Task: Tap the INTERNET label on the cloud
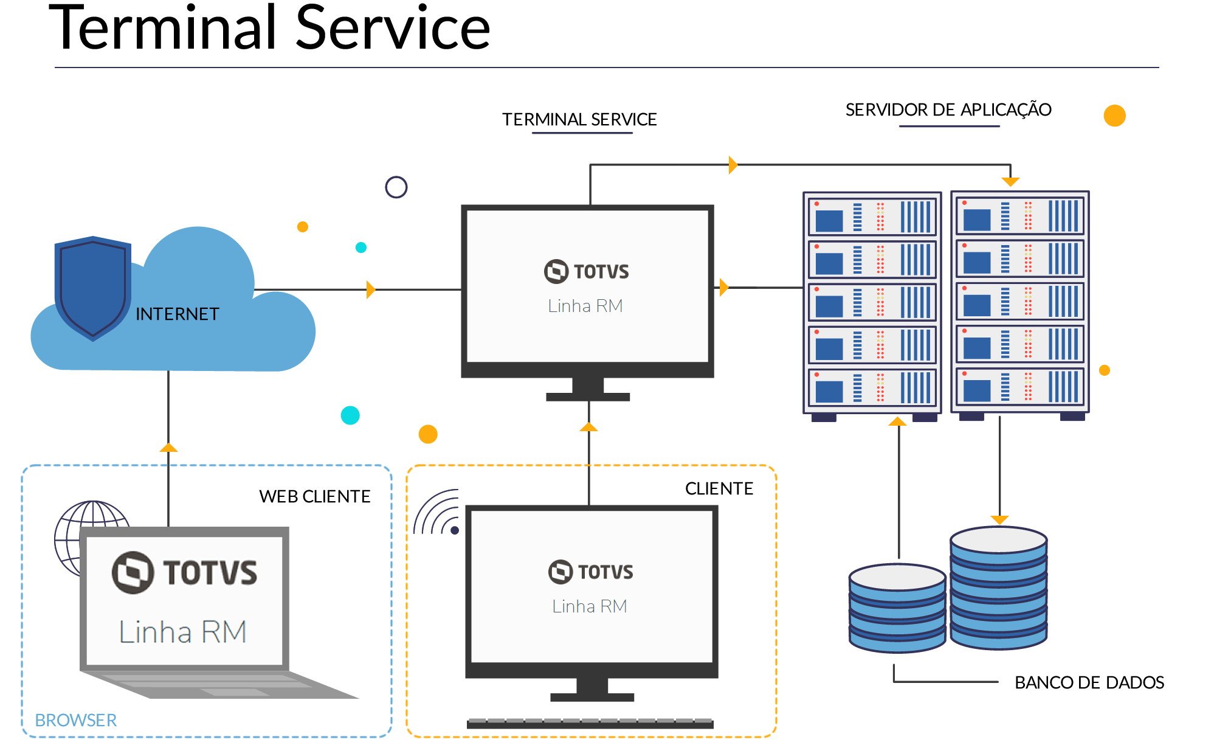pyautogui.click(x=177, y=314)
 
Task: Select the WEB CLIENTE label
pyautogui.click(x=314, y=496)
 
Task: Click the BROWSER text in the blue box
pyautogui.click(x=75, y=720)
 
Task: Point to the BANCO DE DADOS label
pyautogui.click(x=1089, y=682)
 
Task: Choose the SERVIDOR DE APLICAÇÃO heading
pyautogui.click(x=948, y=110)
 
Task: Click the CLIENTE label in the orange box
pyautogui.click(x=719, y=488)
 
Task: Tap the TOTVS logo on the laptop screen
pyautogui.click(x=185, y=572)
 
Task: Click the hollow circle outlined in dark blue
pyautogui.click(x=396, y=187)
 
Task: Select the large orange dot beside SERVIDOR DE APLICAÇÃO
pyautogui.click(x=1114, y=116)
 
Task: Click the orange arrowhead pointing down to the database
pyautogui.click(x=999, y=519)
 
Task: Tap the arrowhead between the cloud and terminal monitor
pyautogui.click(x=371, y=289)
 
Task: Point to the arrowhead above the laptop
pyautogui.click(x=168, y=448)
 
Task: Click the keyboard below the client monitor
pyautogui.click(x=590, y=723)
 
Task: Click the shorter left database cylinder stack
pyautogui.click(x=897, y=608)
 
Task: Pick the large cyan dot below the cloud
pyautogui.click(x=350, y=415)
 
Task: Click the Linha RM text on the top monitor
pyautogui.click(x=585, y=306)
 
